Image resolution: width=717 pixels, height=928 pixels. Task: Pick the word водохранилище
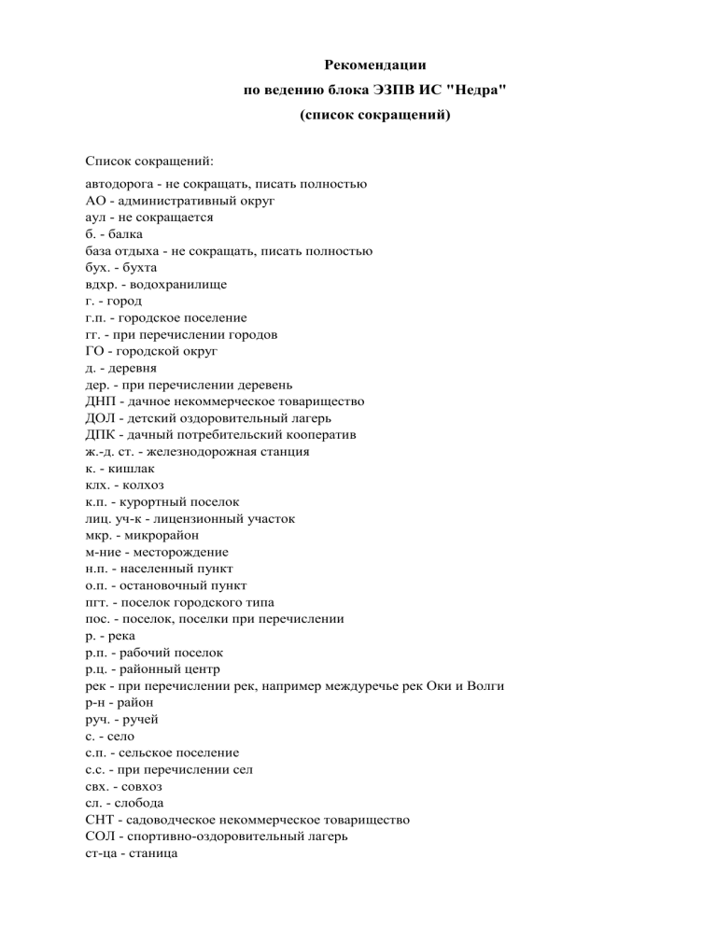(x=183, y=283)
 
